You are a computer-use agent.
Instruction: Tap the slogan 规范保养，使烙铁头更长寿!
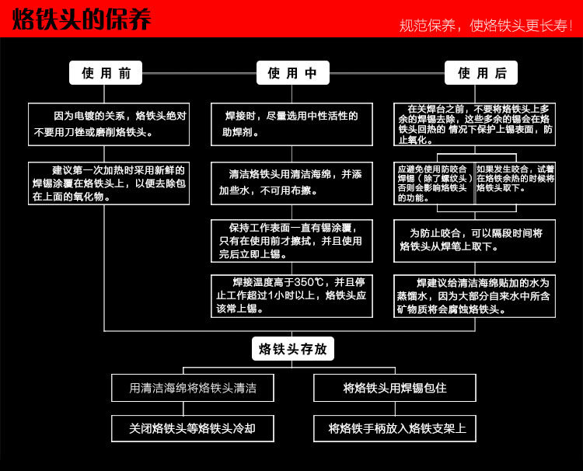[x=485, y=25]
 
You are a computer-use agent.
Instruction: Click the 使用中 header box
[x=292, y=73]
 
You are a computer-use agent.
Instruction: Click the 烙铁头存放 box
[x=292, y=349]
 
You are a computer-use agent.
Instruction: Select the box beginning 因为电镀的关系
[x=109, y=124]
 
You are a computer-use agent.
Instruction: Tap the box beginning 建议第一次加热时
[x=109, y=183]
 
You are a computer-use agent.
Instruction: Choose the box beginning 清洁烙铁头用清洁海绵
[x=291, y=183]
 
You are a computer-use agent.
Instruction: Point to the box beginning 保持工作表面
[x=291, y=241]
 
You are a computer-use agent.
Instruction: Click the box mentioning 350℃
[x=291, y=295]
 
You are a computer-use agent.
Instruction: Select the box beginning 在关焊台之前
[x=474, y=124]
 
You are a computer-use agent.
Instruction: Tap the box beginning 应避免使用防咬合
[x=434, y=183]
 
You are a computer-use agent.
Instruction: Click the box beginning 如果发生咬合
[x=515, y=183]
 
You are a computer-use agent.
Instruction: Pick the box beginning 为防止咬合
[x=474, y=240]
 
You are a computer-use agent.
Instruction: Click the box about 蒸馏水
[x=474, y=296]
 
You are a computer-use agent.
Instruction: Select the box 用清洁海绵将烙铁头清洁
[x=193, y=388]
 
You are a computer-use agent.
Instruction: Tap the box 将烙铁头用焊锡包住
[x=395, y=388]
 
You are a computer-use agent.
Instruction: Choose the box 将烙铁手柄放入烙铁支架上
[x=395, y=428]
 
